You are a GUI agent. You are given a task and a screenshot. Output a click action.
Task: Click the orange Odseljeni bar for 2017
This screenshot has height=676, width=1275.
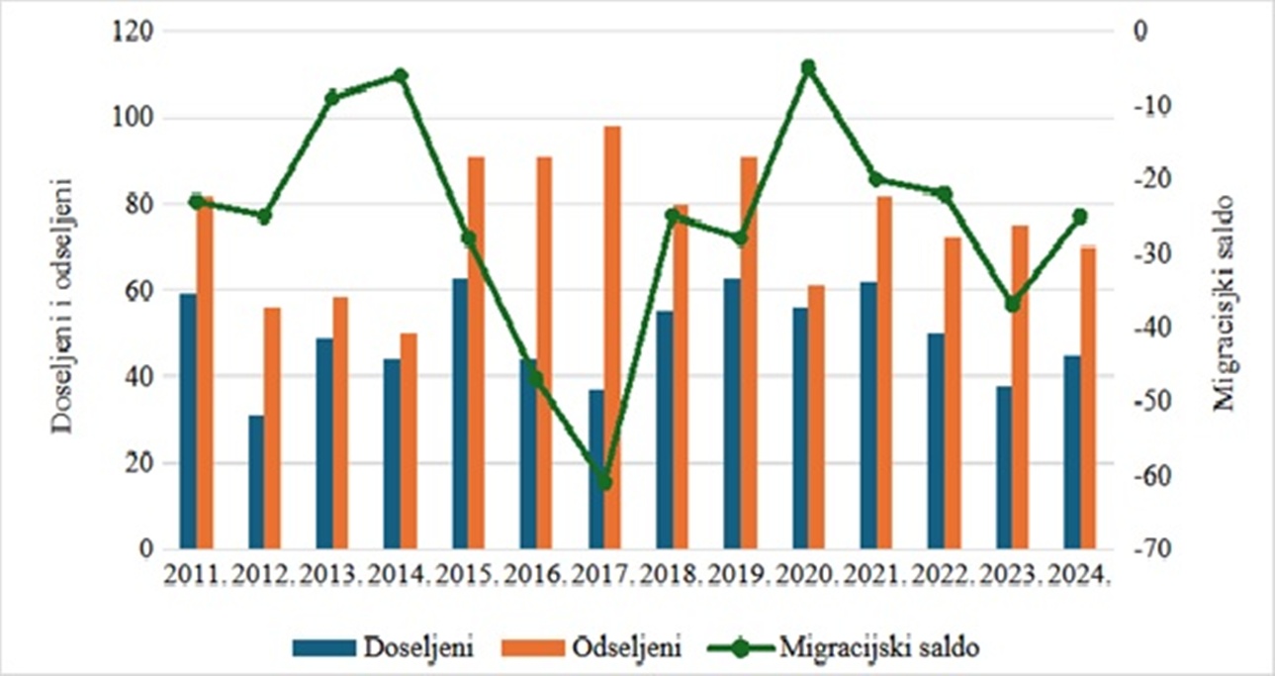[x=612, y=337]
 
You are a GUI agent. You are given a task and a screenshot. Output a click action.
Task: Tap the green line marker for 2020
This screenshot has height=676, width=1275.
[x=808, y=67]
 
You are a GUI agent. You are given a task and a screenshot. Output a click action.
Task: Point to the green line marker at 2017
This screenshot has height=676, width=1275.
[x=604, y=482]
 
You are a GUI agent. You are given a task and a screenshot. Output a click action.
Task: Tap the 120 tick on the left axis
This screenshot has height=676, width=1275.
[x=133, y=33]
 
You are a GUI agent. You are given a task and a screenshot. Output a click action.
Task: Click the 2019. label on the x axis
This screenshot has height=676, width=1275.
[x=740, y=573]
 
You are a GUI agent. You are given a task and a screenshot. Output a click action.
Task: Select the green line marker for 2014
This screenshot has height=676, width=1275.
[x=401, y=75]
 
